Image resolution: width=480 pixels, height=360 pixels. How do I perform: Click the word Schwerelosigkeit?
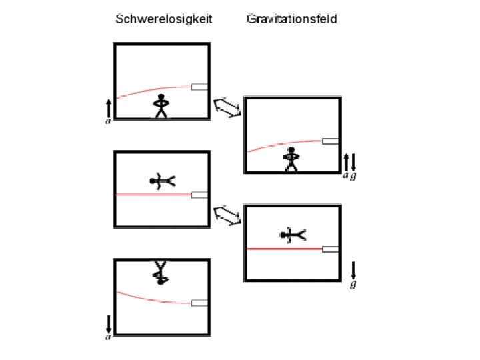(x=164, y=19)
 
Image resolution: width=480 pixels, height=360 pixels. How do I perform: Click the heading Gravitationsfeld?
(x=291, y=19)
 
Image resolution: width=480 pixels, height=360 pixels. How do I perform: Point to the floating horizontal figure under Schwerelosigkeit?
(x=161, y=181)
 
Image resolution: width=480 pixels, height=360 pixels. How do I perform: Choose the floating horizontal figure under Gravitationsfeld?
(x=291, y=234)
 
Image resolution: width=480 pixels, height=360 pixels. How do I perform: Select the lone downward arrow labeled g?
(x=353, y=269)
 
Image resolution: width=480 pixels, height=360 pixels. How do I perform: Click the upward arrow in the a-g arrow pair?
(x=345, y=161)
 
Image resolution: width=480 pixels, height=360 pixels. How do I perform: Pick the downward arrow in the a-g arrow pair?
(x=353, y=161)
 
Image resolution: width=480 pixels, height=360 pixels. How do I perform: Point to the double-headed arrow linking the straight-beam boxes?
(x=228, y=215)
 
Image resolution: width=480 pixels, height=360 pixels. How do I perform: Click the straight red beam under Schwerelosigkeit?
(x=153, y=195)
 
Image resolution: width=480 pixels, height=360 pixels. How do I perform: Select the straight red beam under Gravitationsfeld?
(x=284, y=249)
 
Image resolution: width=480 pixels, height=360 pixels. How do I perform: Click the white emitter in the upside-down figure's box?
(x=199, y=303)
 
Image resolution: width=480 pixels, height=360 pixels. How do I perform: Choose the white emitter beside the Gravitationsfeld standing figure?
(x=330, y=141)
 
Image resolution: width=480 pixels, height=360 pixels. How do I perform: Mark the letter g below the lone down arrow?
(x=353, y=285)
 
